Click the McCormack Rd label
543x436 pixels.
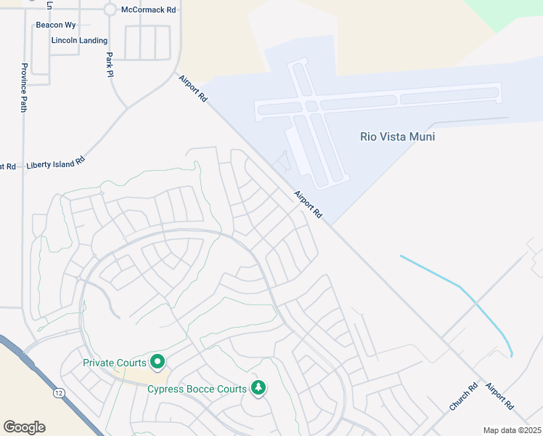[149, 9]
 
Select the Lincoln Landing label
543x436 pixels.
[79, 41]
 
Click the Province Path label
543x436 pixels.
[23, 88]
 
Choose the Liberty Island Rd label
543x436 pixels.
[56, 163]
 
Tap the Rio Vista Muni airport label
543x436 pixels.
[397, 136]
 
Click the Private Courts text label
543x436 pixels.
[115, 362]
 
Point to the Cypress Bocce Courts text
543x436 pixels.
[197, 389]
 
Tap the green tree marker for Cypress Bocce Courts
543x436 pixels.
[258, 388]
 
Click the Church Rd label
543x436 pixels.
[462, 397]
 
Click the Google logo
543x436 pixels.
[24, 427]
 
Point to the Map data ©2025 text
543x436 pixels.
[512, 430]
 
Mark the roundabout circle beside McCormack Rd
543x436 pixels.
[110, 9]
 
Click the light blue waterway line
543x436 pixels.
[465, 294]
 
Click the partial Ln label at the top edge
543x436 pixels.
[49, 4]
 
